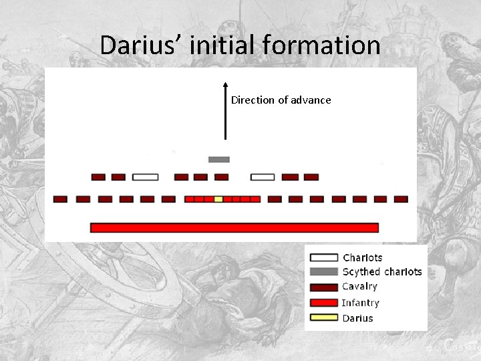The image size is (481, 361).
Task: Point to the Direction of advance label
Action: click(281, 100)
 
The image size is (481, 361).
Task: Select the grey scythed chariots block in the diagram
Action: click(218, 160)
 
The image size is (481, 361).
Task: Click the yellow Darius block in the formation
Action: click(218, 199)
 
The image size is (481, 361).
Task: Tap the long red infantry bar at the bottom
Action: click(234, 227)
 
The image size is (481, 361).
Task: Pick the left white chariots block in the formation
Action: click(145, 177)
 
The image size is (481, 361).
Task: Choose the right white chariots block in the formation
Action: click(263, 177)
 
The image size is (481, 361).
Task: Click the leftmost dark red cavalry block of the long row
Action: click(60, 199)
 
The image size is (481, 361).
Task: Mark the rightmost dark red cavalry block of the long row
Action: click(401, 199)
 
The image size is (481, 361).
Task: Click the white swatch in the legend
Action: click(324, 257)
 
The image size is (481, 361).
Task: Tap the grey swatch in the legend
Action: click(324, 272)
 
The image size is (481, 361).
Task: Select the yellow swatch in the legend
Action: click(324, 318)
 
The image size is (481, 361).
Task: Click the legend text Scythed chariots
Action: click(382, 272)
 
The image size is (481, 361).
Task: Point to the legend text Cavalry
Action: click(359, 287)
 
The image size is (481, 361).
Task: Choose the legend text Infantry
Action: click(360, 303)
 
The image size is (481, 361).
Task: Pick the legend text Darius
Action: click(357, 318)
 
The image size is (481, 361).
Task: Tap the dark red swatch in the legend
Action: click(324, 287)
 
